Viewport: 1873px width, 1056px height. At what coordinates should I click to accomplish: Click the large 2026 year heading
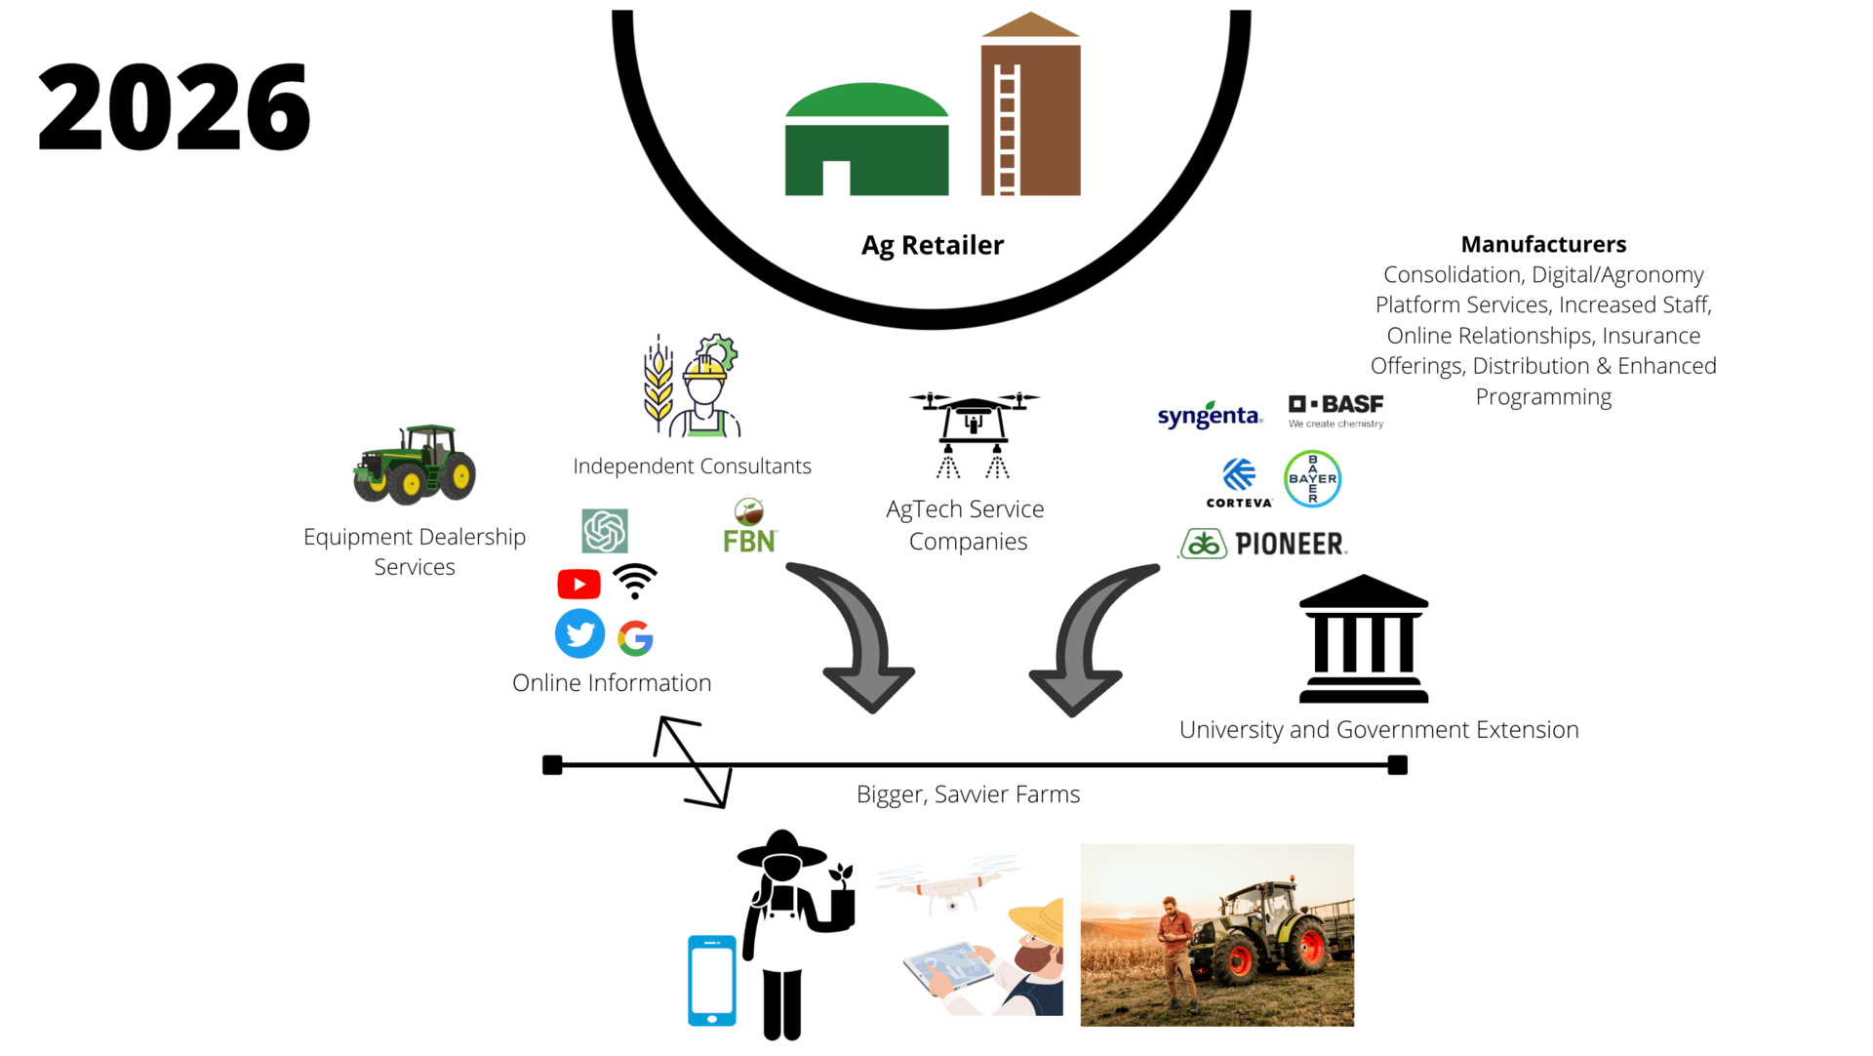(x=174, y=106)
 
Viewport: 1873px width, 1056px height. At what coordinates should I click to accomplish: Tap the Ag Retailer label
(x=932, y=245)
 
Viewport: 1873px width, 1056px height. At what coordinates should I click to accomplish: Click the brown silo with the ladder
(x=1030, y=103)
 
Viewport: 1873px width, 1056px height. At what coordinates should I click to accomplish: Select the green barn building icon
(x=866, y=140)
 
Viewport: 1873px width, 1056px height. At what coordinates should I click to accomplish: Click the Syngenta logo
(x=1210, y=416)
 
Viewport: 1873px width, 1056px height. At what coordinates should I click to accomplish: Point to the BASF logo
(x=1335, y=411)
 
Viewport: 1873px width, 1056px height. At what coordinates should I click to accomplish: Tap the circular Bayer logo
(x=1312, y=479)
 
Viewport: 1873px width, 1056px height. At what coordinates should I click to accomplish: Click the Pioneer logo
(x=1262, y=544)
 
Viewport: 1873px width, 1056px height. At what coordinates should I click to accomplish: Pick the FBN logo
(x=749, y=526)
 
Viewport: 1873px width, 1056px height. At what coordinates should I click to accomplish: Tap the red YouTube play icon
(x=578, y=584)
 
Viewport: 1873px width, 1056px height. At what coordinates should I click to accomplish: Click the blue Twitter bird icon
(x=579, y=634)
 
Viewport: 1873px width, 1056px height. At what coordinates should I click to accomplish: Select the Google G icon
(x=635, y=638)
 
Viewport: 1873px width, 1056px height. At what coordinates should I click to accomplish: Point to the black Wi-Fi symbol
(x=635, y=581)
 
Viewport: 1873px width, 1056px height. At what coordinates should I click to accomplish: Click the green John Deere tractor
(x=415, y=465)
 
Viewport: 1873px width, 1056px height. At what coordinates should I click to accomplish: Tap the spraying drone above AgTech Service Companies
(x=974, y=434)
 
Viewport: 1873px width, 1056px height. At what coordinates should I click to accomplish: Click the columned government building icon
(x=1364, y=639)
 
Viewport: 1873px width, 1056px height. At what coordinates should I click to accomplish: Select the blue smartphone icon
(x=712, y=981)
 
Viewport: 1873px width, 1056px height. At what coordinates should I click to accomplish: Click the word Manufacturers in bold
(x=1543, y=244)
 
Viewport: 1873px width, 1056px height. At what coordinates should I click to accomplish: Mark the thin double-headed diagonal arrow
(x=693, y=762)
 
